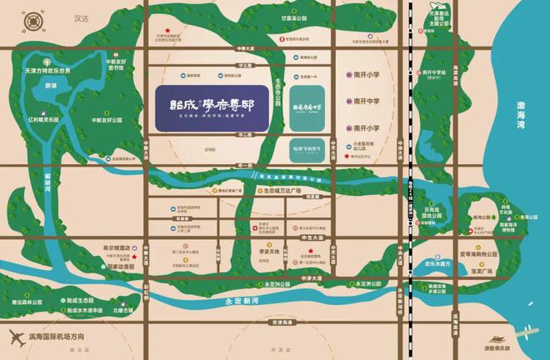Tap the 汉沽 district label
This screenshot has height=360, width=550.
pos(82,17)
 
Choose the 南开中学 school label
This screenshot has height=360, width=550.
pos(366,101)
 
